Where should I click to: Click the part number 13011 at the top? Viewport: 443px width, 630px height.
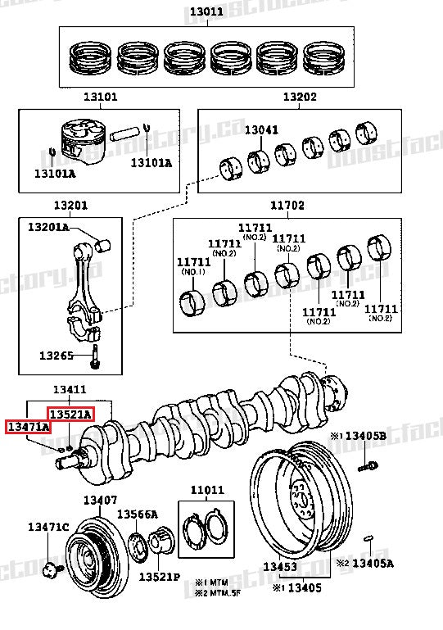click(206, 12)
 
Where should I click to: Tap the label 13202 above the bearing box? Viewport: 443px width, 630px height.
click(300, 97)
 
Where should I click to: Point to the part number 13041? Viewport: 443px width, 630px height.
click(261, 129)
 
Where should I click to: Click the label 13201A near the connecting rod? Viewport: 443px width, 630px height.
click(48, 227)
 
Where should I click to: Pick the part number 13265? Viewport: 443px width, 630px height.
click(57, 356)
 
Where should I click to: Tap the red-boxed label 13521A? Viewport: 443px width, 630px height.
click(70, 414)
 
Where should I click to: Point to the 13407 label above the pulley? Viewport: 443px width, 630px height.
click(100, 500)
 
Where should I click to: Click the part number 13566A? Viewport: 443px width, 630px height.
click(137, 514)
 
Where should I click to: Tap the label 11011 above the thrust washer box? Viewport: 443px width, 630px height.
click(207, 491)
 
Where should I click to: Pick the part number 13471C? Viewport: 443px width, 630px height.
click(48, 526)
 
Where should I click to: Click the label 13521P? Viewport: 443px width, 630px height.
click(158, 577)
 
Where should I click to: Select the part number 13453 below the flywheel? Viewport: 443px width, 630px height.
click(279, 567)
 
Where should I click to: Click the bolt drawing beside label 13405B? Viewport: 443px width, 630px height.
click(365, 468)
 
